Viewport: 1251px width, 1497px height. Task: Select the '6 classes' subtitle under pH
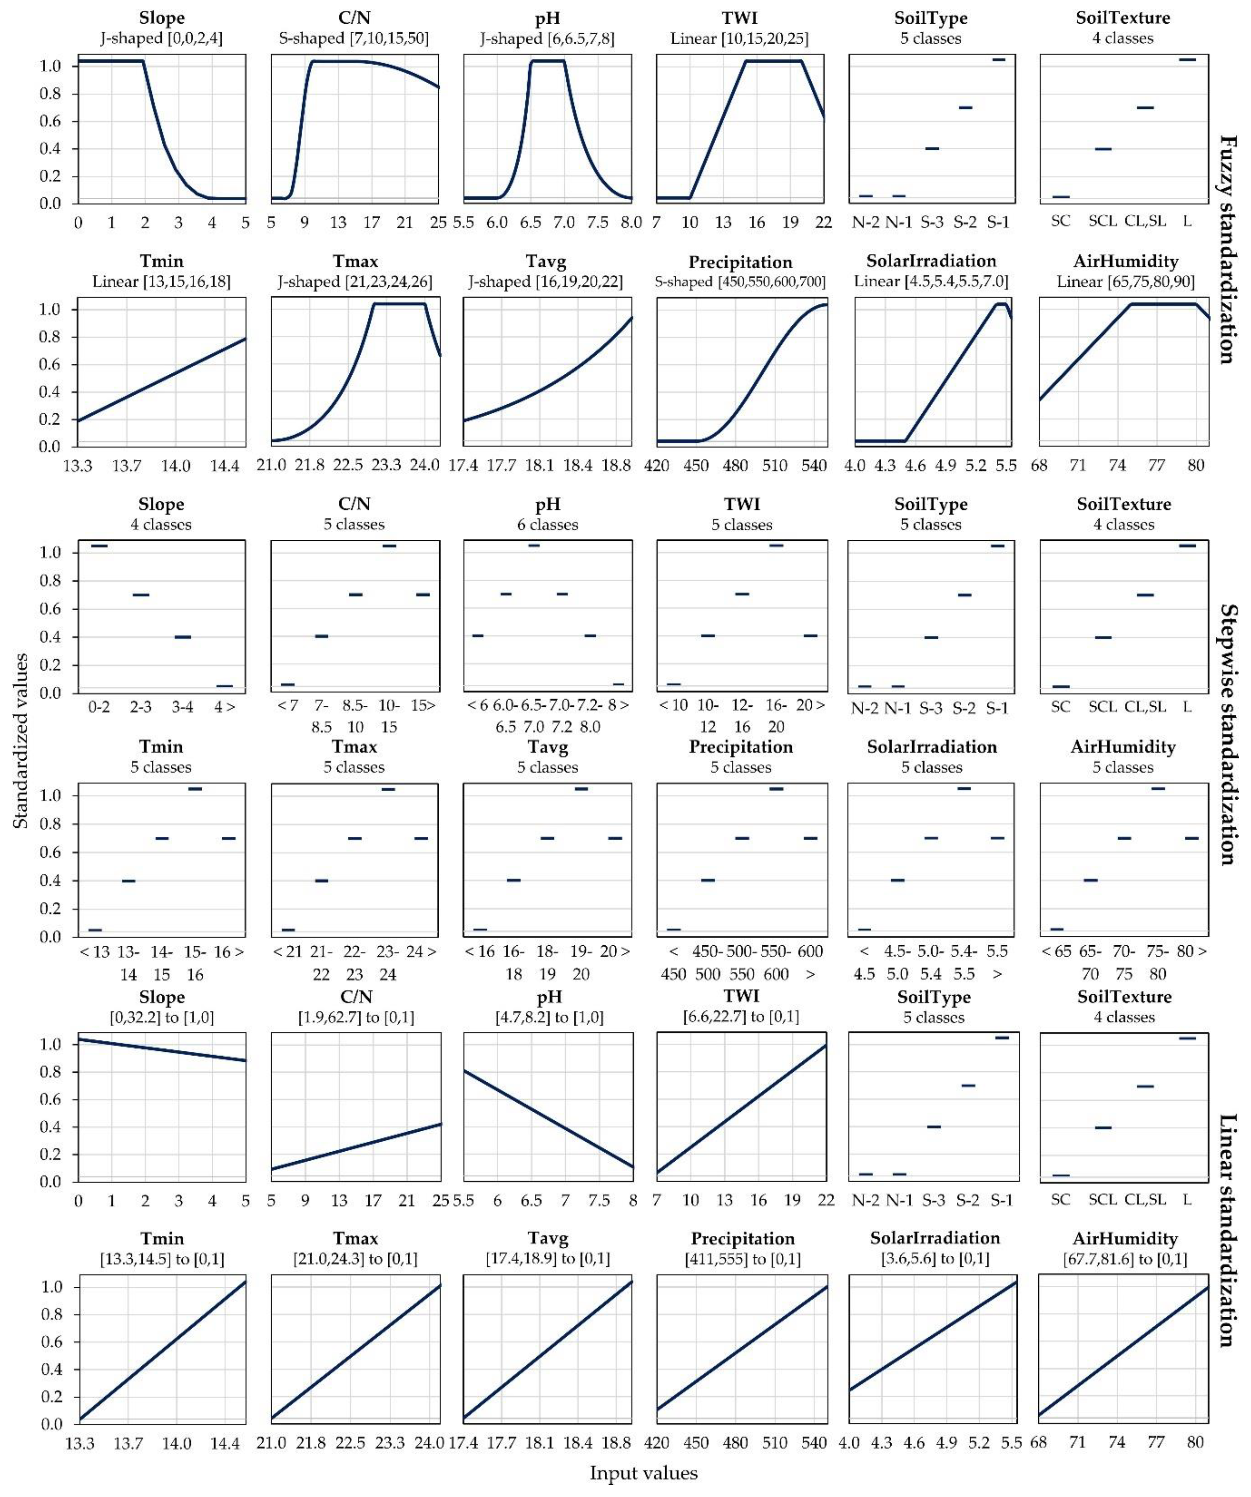coord(547,525)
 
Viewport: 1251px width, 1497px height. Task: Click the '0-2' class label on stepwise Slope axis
coord(99,706)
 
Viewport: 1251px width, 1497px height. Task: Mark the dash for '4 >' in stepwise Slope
coord(225,686)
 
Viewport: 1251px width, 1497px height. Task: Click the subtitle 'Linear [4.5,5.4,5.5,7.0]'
coord(931,281)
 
